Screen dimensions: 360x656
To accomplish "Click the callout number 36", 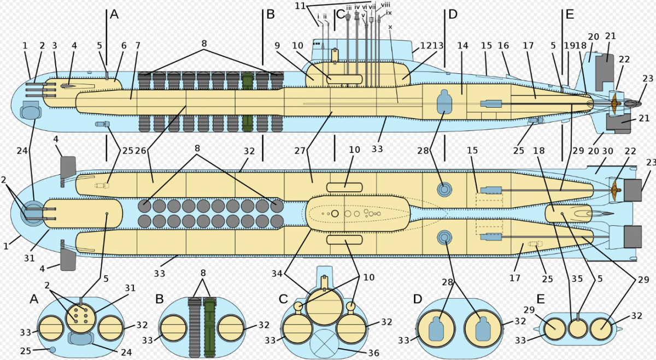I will click(x=373, y=353).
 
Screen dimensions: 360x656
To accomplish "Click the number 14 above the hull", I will click(x=463, y=46).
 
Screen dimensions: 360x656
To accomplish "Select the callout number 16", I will click(x=503, y=46).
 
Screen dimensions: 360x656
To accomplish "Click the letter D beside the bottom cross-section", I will click(x=418, y=299).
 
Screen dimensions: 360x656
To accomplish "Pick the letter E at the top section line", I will click(x=570, y=15).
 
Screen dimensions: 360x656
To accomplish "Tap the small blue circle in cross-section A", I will click(x=52, y=350).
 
